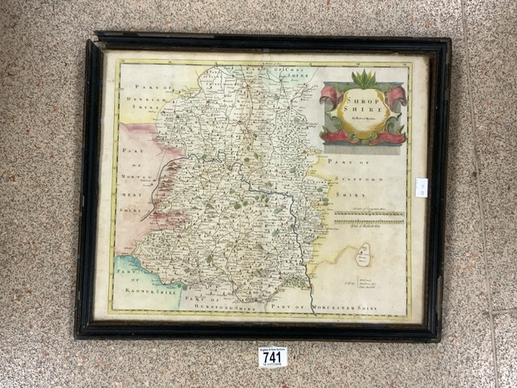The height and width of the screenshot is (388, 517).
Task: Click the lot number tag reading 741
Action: click(x=273, y=356)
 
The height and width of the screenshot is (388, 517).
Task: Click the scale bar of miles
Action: click(x=369, y=217)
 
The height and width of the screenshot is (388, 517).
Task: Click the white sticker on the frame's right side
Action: click(x=422, y=188)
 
